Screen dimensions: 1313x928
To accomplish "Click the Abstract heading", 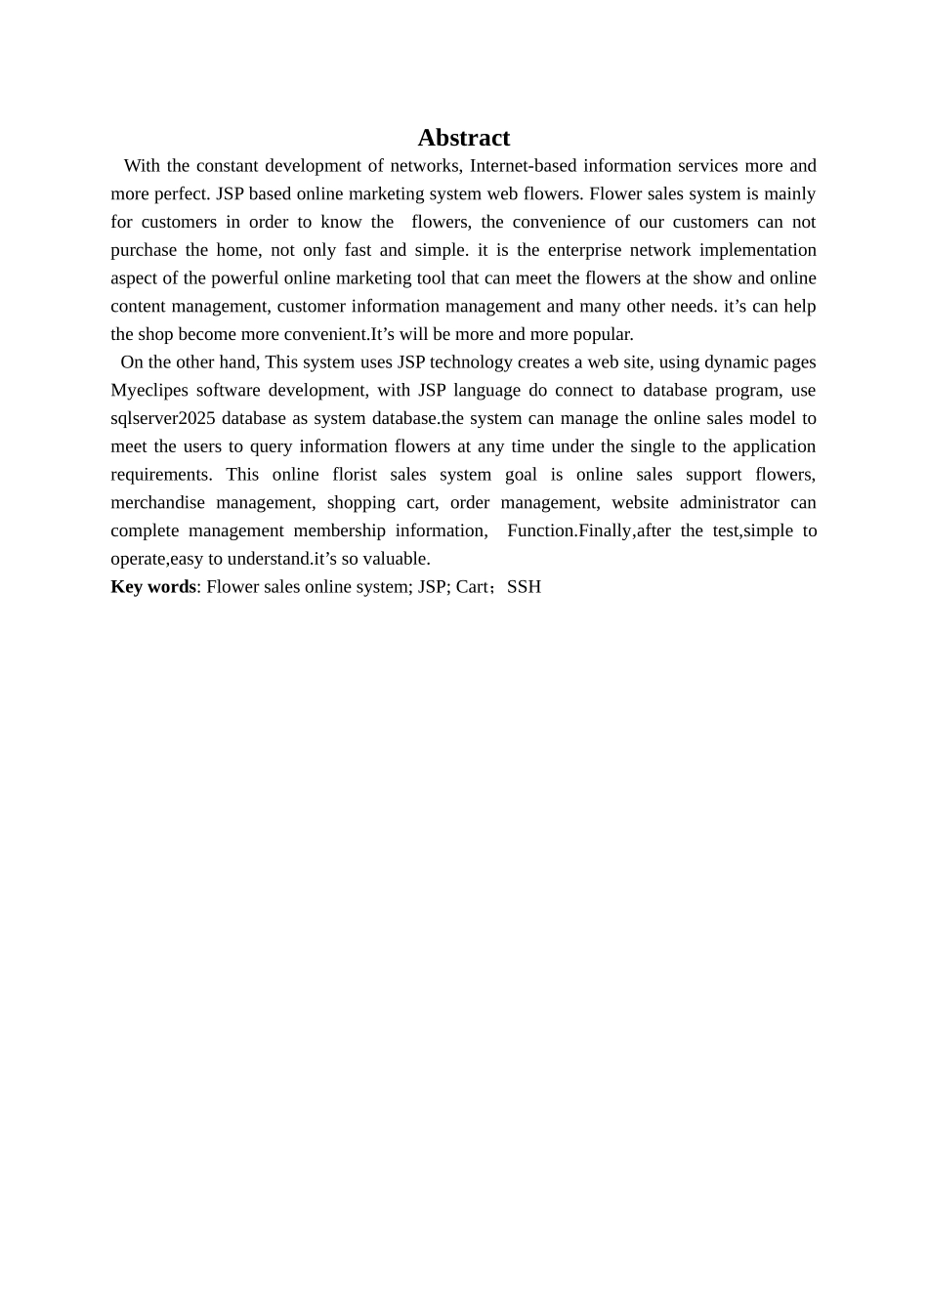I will click(x=463, y=138).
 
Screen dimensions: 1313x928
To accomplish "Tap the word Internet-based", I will click(x=523, y=166).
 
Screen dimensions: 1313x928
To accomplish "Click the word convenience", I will click(x=556, y=222).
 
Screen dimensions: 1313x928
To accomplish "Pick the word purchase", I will click(x=142, y=250).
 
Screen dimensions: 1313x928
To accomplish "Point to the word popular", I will click(x=603, y=334).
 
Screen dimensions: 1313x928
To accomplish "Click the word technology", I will click(x=477, y=362).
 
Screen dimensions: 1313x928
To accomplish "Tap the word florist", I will click(x=355, y=475).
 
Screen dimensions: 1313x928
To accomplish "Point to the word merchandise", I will click(x=157, y=503).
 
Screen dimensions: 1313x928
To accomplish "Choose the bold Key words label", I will click(x=152, y=587).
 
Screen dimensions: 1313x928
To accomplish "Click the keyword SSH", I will click(x=524, y=587).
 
